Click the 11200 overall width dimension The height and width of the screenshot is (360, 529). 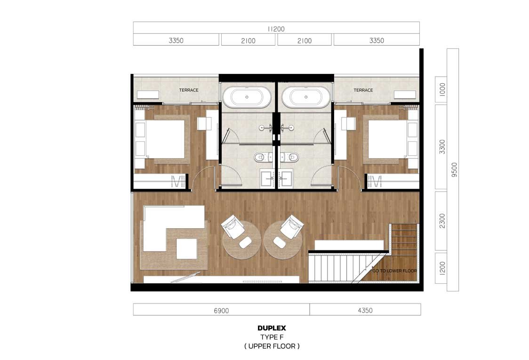[276, 29]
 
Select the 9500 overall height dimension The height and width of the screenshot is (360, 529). [454, 170]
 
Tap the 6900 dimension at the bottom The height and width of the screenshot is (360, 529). [221, 311]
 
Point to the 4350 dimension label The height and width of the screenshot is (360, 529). [365, 311]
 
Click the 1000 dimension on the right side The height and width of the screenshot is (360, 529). [442, 89]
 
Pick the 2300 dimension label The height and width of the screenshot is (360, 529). [442, 221]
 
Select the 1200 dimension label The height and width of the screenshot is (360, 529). [442, 268]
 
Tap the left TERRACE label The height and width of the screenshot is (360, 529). [189, 90]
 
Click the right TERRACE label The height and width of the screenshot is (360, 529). [363, 90]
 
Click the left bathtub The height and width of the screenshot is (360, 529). [247, 97]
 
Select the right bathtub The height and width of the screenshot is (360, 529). [306, 97]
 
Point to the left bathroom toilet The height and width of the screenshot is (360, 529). [262, 157]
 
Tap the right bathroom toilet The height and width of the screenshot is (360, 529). [291, 157]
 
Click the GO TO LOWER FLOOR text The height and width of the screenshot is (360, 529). [395, 271]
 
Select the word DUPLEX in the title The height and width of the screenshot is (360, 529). [272, 328]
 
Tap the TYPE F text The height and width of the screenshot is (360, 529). [272, 337]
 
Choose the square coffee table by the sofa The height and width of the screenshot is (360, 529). [186, 248]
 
